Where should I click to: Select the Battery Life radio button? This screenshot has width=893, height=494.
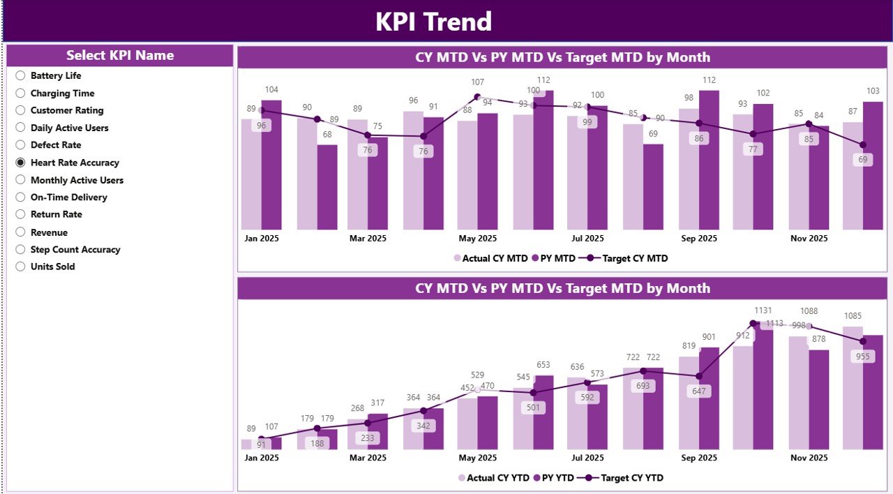coord(20,75)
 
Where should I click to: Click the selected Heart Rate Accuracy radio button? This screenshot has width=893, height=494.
coord(20,163)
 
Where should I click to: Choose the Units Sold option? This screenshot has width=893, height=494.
coord(20,267)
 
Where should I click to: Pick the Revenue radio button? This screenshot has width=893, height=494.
coord(20,232)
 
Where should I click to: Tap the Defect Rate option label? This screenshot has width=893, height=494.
coord(56,145)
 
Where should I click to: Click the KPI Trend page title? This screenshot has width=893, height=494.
coord(433,22)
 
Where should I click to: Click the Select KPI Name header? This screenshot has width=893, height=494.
coord(120,56)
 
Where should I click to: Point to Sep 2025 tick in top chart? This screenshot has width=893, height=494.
coord(698,239)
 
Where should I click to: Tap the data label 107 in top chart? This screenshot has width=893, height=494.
coord(477,82)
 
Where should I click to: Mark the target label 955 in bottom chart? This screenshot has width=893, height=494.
coord(863,356)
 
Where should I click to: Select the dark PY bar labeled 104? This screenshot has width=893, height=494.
coord(271,165)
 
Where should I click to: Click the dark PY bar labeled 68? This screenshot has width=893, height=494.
coord(327,187)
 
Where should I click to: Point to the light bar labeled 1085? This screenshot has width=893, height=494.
coord(853,387)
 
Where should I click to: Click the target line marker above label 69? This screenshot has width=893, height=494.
coord(863,144)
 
